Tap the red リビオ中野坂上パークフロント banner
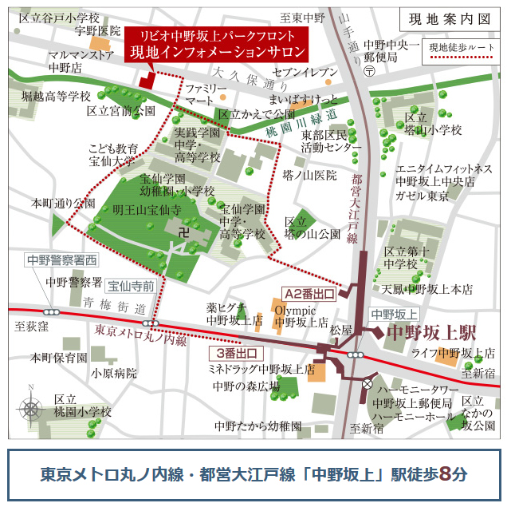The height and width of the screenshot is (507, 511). tap(217, 45)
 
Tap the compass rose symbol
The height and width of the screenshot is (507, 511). tap(31, 409)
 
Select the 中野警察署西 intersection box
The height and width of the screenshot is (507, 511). tap(62, 259)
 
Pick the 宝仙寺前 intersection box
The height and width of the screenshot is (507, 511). tap(131, 283)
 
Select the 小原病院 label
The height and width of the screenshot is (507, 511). tap(114, 373)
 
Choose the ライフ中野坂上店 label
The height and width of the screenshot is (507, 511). tap(453, 352)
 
